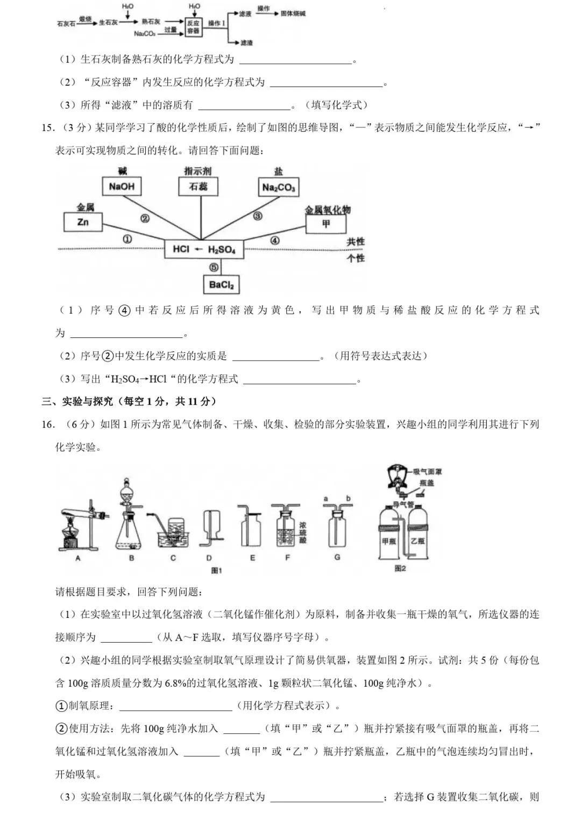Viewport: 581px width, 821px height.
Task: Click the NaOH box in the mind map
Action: click(122, 186)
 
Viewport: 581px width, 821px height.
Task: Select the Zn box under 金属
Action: click(83, 222)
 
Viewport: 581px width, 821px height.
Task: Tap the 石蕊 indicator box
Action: click(198, 186)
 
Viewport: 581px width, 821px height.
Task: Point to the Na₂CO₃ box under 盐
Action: click(278, 187)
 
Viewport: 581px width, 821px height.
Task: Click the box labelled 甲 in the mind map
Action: click(325, 224)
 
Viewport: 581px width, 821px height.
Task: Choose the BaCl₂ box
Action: click(221, 285)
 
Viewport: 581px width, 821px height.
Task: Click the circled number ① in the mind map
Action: click(127, 240)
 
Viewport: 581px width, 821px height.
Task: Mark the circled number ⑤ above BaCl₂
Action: click(214, 267)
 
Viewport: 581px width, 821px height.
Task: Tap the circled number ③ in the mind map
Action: click(258, 216)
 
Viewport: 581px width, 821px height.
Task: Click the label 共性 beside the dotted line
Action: click(356, 242)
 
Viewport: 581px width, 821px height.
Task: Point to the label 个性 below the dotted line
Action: click(356, 258)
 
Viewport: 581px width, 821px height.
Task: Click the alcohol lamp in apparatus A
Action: click(68, 535)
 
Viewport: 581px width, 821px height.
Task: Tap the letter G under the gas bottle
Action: click(337, 557)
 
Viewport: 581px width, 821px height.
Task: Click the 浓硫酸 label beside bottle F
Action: click(303, 532)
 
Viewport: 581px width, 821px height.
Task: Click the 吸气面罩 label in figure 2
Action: click(427, 472)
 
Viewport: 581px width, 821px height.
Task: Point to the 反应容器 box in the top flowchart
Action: click(193, 27)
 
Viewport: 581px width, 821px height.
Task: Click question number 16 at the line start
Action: click(48, 424)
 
